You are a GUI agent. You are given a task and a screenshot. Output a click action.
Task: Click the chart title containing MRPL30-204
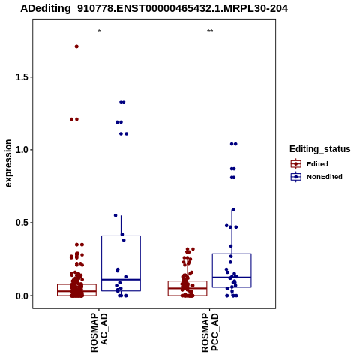[154, 8]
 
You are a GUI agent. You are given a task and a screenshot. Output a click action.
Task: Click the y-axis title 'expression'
[8, 163]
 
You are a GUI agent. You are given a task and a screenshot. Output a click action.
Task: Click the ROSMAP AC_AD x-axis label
[99, 333]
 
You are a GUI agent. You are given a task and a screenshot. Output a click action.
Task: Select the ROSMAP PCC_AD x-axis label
[210, 333]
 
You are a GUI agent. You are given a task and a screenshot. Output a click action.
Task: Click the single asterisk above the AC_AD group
[99, 31]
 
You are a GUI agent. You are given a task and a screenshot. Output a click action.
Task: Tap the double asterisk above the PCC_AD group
[210, 31]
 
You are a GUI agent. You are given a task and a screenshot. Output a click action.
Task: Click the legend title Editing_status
[320, 149]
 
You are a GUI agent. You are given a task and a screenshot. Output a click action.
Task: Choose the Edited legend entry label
[317, 164]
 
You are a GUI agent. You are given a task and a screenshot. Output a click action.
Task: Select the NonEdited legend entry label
[325, 177]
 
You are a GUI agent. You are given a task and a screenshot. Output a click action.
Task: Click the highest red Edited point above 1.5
[76, 46]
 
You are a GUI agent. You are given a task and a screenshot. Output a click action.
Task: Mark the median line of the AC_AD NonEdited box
[121, 280]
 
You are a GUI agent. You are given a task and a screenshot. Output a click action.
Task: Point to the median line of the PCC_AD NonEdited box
[232, 277]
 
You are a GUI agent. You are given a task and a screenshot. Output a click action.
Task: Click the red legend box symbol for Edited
[296, 164]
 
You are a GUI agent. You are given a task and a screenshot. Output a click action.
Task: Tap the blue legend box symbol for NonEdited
[296, 177]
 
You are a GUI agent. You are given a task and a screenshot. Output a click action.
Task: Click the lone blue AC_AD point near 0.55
[115, 215]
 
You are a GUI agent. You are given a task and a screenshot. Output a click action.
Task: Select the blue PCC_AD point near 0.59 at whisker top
[233, 210]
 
